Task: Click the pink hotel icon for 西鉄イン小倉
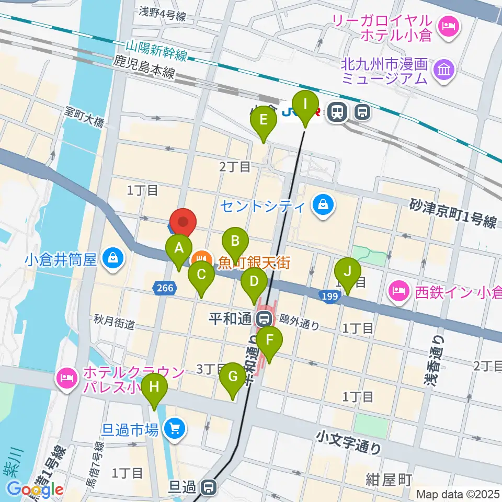pyautogui.click(x=400, y=291)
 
